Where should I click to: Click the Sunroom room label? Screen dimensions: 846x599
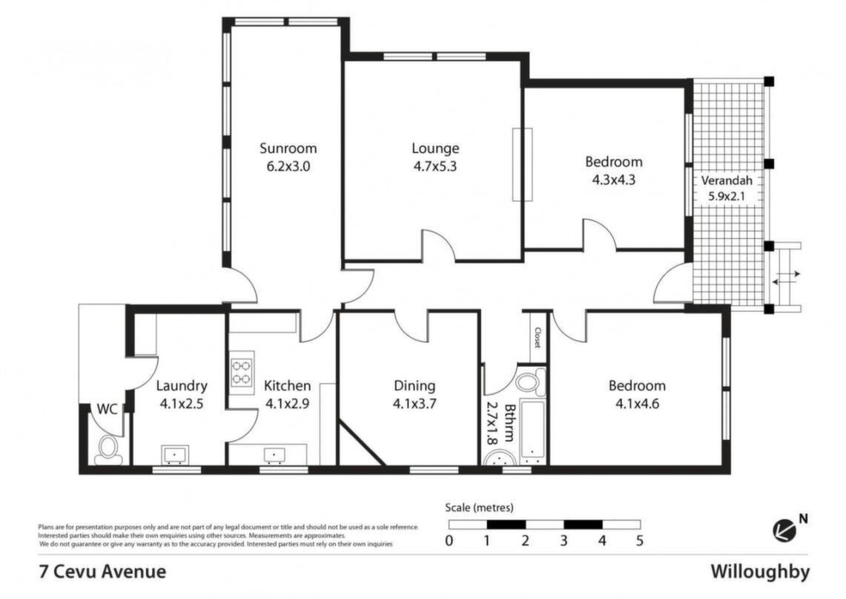tap(288, 148)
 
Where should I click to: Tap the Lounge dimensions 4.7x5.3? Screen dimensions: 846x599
tap(435, 166)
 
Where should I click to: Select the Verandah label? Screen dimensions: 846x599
tap(726, 180)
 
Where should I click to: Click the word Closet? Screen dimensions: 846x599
tap(538, 337)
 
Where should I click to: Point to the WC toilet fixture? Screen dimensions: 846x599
tap(108, 449)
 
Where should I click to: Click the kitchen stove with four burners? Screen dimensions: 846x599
tap(241, 373)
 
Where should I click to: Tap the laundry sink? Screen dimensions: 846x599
tap(175, 455)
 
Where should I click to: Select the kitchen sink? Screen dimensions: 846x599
tap(275, 455)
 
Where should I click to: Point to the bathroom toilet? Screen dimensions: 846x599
tap(530, 381)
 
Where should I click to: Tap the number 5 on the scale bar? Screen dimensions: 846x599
tap(640, 540)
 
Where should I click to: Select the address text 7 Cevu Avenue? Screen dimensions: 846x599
tap(102, 572)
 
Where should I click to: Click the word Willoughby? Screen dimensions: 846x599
tap(760, 572)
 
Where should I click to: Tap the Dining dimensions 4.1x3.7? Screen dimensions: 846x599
tap(414, 404)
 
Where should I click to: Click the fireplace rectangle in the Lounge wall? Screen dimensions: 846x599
tap(522, 164)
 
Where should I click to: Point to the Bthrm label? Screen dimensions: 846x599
tap(509, 423)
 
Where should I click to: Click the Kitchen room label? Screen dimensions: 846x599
tap(287, 386)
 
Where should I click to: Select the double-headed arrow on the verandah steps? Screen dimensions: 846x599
tap(786, 278)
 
